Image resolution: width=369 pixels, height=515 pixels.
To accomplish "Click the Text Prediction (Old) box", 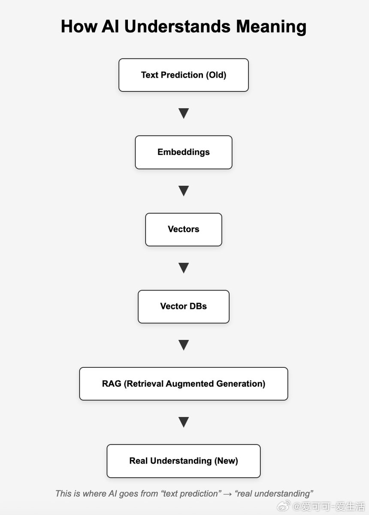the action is pyautogui.click(x=184, y=75).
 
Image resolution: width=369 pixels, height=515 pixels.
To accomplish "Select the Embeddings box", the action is pyautogui.click(x=184, y=152).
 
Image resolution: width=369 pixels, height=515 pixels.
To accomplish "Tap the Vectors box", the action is pyautogui.click(x=184, y=230).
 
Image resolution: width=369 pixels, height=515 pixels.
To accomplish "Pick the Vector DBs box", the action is pyautogui.click(x=184, y=306).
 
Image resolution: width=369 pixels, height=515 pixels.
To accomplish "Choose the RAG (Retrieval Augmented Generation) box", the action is pyautogui.click(x=184, y=384).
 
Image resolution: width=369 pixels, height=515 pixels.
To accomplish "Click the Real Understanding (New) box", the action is pyautogui.click(x=184, y=461).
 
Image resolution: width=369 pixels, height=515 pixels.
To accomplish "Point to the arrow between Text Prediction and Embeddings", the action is pyautogui.click(x=184, y=113).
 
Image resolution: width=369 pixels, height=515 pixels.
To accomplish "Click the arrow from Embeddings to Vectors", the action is pyautogui.click(x=184, y=191).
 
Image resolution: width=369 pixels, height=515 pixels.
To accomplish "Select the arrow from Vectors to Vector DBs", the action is pyautogui.click(x=184, y=268).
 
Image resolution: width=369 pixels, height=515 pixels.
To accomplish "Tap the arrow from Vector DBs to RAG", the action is pyautogui.click(x=184, y=345).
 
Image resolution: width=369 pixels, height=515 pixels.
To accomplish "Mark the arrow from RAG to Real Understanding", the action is pyautogui.click(x=184, y=422).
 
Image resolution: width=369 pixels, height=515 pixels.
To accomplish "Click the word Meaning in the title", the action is pyautogui.click(x=271, y=27).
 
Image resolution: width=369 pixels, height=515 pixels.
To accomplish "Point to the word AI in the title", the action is pyautogui.click(x=110, y=26).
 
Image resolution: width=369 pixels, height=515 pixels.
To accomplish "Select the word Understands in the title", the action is pyautogui.click(x=177, y=26).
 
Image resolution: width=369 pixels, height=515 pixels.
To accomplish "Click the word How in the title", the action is pyautogui.click(x=79, y=26).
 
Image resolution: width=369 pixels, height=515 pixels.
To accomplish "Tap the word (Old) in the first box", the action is pyautogui.click(x=216, y=75).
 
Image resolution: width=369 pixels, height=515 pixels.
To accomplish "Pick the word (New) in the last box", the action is pyautogui.click(x=226, y=461).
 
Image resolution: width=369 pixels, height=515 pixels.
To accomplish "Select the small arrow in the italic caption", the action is pyautogui.click(x=227, y=494).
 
